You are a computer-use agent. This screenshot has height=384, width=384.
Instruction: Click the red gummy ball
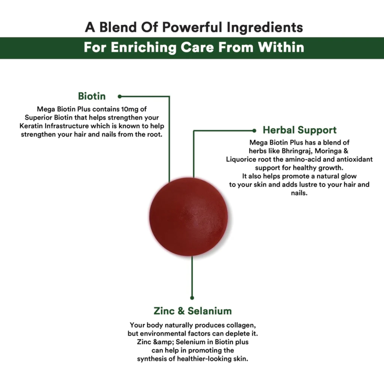pos(189,217)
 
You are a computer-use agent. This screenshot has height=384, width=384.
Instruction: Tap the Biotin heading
pos(92,96)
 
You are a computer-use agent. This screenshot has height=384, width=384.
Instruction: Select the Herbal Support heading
pos(300,130)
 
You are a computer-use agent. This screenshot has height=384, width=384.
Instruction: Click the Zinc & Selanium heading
pos(192,311)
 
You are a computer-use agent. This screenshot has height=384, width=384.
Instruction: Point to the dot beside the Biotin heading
pos(119,96)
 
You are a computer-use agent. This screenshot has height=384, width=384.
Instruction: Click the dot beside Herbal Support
pos(254,131)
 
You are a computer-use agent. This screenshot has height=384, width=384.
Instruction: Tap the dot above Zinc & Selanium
pos(192,298)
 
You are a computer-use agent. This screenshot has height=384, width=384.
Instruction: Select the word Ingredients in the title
pos(265,28)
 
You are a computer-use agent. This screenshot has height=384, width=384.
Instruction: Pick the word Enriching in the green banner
pos(143,47)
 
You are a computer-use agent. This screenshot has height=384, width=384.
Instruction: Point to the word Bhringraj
pos(297,151)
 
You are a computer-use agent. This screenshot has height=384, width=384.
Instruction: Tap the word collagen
pos(241,325)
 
